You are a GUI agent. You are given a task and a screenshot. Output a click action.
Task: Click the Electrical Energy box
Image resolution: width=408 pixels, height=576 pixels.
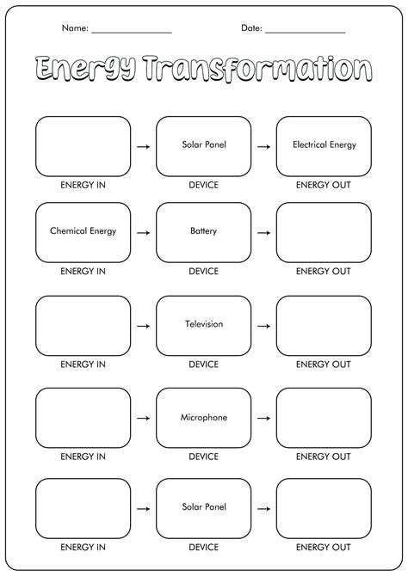click(324, 146)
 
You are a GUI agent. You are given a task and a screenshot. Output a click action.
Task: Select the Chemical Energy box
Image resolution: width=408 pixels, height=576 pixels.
click(83, 232)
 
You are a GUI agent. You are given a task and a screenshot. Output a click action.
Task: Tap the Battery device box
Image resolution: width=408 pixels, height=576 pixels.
click(203, 232)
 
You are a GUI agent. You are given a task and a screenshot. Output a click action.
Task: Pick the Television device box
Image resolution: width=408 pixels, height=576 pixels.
click(203, 325)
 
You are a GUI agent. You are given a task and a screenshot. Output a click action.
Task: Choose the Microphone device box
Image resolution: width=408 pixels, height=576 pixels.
click(203, 418)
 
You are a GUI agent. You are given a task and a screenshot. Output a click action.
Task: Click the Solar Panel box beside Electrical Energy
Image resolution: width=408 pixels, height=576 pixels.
click(203, 146)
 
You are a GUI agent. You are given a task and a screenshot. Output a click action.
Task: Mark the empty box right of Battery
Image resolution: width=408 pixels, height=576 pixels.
click(324, 232)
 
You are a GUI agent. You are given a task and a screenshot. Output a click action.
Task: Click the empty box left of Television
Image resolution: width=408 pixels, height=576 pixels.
click(83, 325)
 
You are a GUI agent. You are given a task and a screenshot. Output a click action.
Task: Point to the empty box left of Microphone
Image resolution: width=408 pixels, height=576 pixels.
click(83, 418)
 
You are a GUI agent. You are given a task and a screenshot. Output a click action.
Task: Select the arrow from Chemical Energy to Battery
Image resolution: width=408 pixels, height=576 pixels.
click(143, 233)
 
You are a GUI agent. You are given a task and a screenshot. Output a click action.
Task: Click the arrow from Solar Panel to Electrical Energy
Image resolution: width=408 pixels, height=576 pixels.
click(263, 147)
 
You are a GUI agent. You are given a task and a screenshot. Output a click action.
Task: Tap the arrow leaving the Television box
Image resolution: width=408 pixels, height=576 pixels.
click(263, 326)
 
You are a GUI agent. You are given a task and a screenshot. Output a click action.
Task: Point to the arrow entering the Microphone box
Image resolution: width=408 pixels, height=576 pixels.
click(143, 419)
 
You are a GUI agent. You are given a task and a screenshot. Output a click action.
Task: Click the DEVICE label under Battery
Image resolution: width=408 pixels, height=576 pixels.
click(203, 271)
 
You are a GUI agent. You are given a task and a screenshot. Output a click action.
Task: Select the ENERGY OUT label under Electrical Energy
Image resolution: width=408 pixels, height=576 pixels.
click(324, 185)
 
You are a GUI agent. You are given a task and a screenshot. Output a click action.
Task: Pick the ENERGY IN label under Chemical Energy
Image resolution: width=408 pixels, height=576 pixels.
click(83, 271)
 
